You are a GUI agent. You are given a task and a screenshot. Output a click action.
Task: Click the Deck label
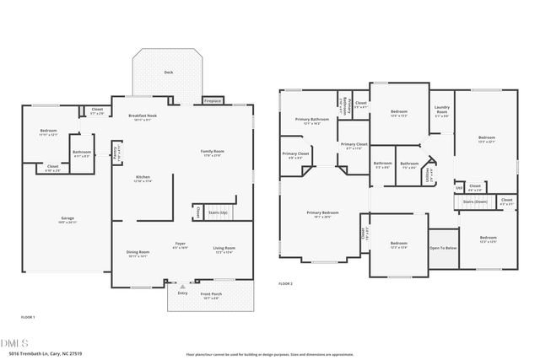pos(168,73)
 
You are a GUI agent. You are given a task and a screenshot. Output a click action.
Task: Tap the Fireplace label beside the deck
pos(213,101)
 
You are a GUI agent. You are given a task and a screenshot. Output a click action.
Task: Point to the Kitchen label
pos(143,178)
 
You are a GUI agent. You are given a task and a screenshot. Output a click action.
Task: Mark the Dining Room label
pos(138,253)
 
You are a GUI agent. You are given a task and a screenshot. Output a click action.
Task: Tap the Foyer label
pos(180,244)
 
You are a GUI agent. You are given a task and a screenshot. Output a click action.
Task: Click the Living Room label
pos(224,250)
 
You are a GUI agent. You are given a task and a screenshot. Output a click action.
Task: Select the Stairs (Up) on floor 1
pos(219,212)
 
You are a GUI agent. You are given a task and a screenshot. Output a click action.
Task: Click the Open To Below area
pos(442,248)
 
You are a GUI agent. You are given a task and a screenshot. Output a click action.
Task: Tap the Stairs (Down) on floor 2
pos(475,202)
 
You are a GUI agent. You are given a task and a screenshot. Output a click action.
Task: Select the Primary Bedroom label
pos(322,213)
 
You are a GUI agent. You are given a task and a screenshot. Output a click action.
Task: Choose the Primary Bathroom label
pos(311,121)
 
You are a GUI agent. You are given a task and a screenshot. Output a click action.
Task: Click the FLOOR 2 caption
pos(285,284)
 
